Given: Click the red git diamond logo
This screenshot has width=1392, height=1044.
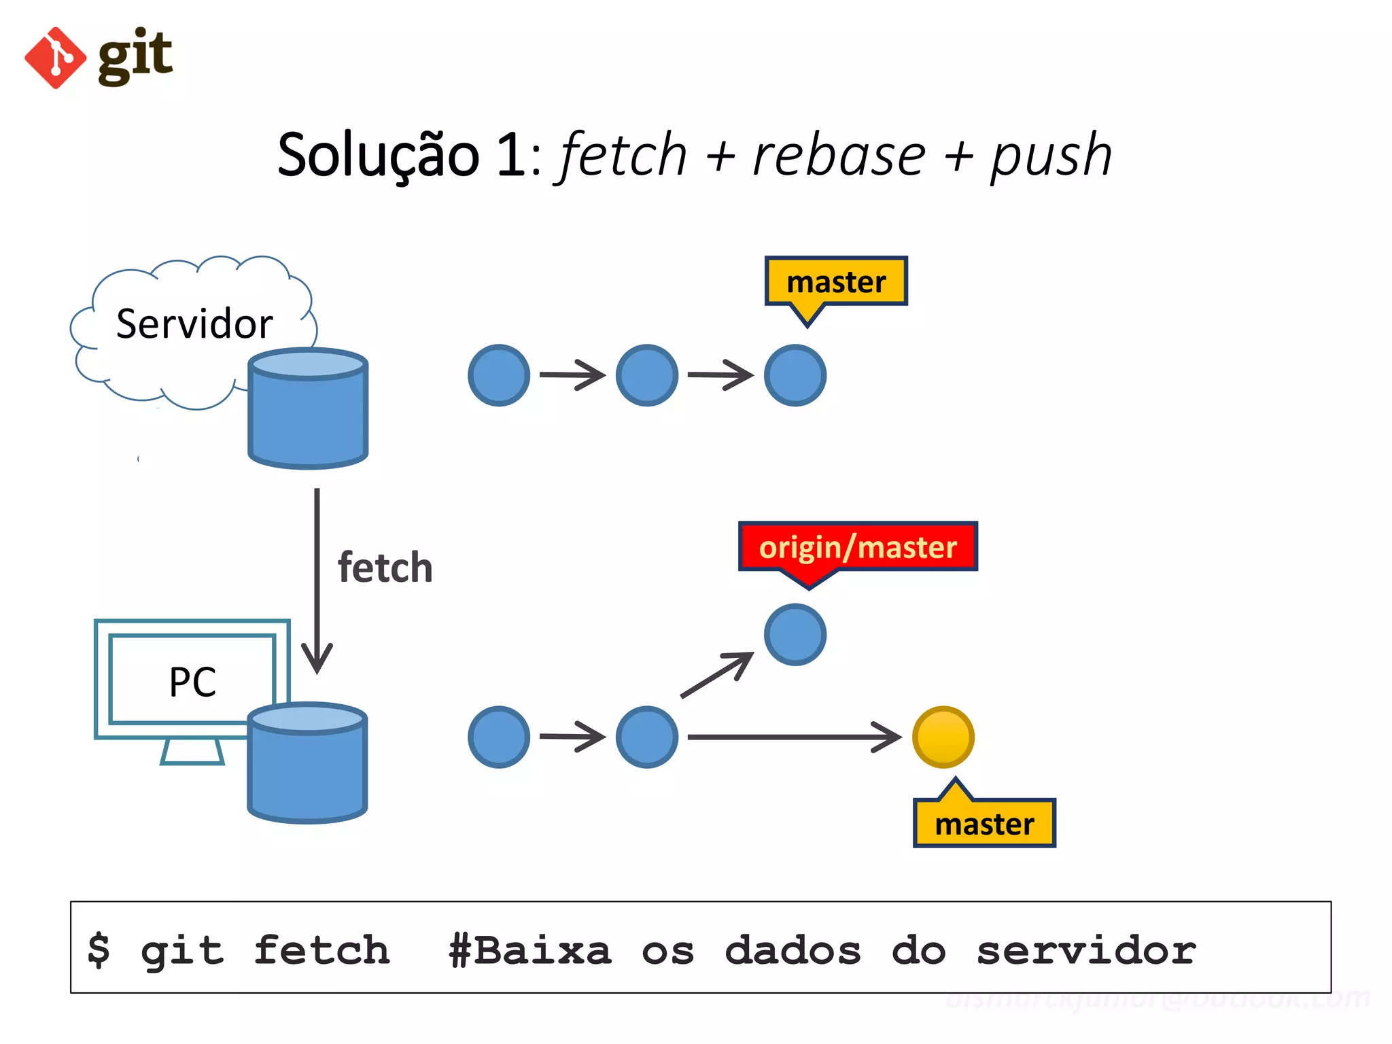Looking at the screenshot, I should [x=55, y=58].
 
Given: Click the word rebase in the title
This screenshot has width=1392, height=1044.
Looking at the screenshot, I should [x=839, y=156].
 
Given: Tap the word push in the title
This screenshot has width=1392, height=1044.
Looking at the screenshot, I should [x=1051, y=156].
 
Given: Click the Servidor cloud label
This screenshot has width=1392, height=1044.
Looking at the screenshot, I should [x=194, y=324].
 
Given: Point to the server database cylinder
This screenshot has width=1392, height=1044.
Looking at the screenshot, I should [x=308, y=411].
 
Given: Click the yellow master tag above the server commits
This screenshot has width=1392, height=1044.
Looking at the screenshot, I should [x=836, y=281].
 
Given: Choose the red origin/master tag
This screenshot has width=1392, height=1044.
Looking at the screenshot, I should [x=858, y=547].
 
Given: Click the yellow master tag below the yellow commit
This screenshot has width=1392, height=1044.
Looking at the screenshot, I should [x=984, y=824].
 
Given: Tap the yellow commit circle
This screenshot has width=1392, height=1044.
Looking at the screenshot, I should [x=943, y=737].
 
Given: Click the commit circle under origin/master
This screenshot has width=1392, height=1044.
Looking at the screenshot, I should [x=795, y=635].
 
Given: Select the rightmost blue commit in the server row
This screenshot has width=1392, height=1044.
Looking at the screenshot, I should [x=795, y=375].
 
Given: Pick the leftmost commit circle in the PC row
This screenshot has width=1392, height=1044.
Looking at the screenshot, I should [x=499, y=737].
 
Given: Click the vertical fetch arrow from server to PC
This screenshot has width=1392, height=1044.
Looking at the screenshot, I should [x=317, y=578].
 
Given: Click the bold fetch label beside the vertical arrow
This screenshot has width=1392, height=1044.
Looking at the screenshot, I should [x=385, y=568].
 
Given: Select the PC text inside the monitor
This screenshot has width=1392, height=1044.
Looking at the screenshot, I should [x=192, y=682].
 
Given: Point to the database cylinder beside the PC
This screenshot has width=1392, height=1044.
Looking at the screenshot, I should [x=307, y=765].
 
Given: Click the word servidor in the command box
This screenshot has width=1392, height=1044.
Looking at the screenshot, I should [x=1085, y=950].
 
